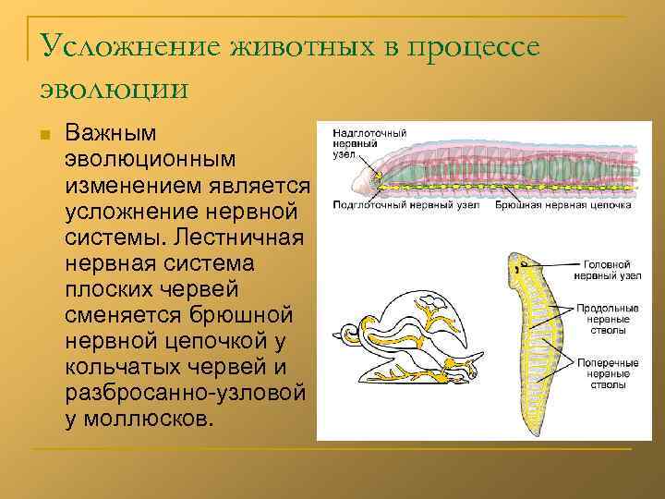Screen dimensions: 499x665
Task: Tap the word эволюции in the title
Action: tap(115, 89)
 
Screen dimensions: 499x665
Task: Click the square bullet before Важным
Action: tap(42, 136)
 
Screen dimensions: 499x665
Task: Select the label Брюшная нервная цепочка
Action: tap(562, 204)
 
